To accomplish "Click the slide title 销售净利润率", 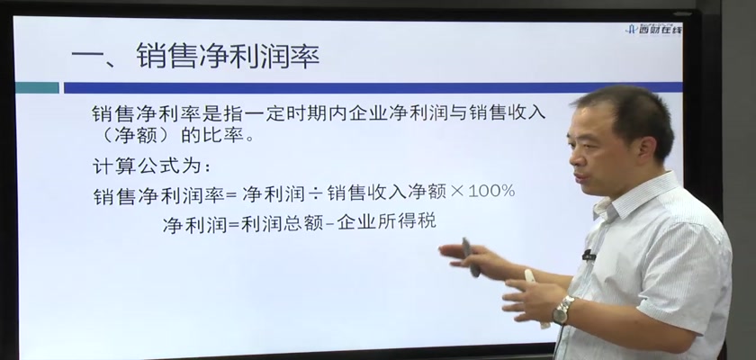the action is (x=228, y=56).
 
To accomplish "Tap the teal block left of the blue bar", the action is (x=37, y=87).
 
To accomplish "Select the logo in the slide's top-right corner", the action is (x=653, y=29).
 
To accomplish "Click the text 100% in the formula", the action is (x=491, y=192).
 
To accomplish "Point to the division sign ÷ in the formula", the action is (x=315, y=193).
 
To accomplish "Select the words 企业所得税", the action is (x=387, y=221).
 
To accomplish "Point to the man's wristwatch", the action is (x=562, y=310).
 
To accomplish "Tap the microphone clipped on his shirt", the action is (x=589, y=255).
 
